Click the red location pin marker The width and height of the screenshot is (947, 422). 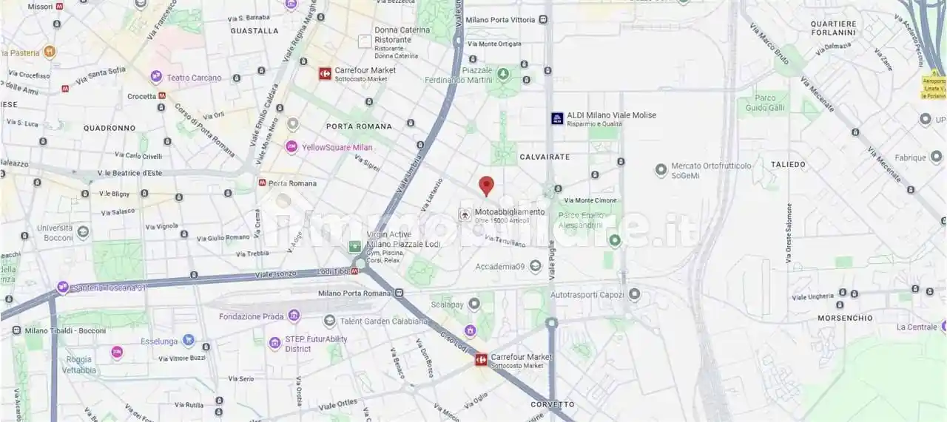point(486,186)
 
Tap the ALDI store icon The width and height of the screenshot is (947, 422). point(557,118)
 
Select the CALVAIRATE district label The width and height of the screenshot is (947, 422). point(545,157)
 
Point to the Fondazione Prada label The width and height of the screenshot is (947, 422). point(252,317)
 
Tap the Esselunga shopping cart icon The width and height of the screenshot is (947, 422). point(188,341)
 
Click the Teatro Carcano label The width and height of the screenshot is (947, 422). point(194,78)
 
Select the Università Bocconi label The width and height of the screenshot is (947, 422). point(55,233)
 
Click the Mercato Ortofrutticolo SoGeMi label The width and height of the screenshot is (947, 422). point(711,171)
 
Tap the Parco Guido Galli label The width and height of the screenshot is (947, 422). point(766,103)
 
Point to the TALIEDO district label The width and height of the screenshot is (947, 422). point(788,164)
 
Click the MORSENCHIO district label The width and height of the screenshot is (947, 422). point(845,318)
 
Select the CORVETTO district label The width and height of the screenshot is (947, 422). point(552,404)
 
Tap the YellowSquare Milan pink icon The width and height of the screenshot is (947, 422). point(291,147)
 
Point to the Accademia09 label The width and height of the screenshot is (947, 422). point(499,267)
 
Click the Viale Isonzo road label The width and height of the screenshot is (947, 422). point(276,274)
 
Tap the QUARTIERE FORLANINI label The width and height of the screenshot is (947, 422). point(833,28)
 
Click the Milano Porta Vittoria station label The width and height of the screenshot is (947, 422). point(500,20)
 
